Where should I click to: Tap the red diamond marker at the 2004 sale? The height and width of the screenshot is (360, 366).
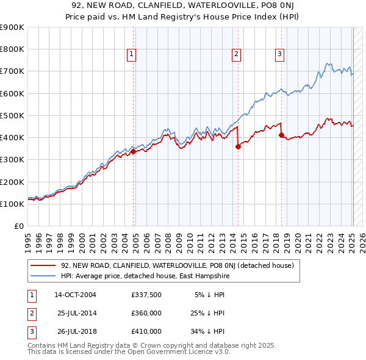pyautogui.click(x=133, y=151)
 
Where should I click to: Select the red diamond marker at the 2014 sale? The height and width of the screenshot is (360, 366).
pyautogui.click(x=238, y=146)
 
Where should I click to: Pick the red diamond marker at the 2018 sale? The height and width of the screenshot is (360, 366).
pyautogui.click(x=281, y=135)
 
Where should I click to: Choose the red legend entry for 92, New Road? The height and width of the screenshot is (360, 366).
pyautogui.click(x=177, y=265)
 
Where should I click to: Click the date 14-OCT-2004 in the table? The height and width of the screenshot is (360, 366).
pyautogui.click(x=75, y=295)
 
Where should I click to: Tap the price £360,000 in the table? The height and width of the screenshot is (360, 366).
pyautogui.click(x=146, y=313)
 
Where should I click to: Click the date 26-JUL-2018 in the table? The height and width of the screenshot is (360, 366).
pyautogui.click(x=76, y=331)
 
